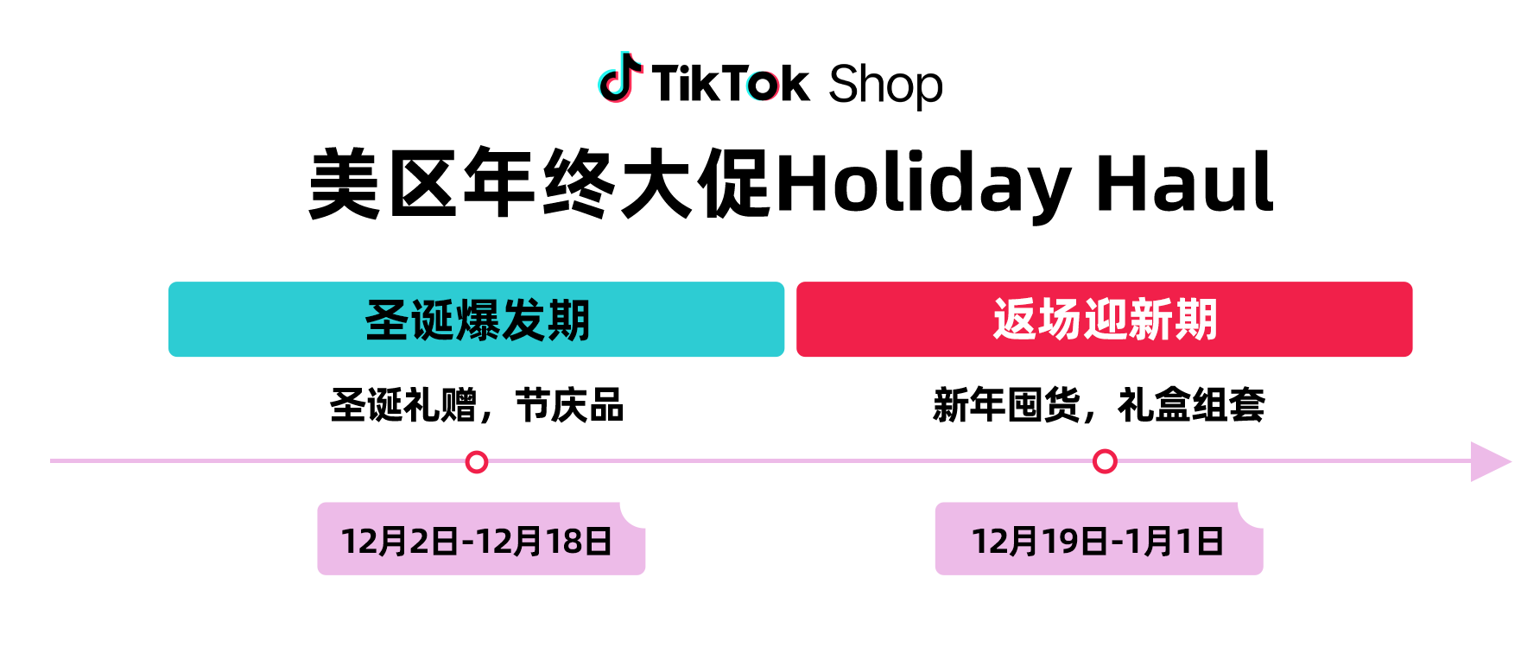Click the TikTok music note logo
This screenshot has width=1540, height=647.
622,81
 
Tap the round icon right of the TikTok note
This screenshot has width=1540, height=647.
762,85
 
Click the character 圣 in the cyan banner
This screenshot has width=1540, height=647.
387,320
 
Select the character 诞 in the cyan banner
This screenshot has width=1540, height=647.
432,320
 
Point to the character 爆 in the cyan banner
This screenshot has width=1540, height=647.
478,320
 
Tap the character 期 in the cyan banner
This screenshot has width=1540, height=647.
567,320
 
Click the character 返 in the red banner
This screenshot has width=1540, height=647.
1015,320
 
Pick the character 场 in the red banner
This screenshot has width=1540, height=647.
1060,320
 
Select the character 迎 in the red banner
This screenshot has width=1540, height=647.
1105,320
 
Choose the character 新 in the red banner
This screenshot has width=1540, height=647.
1150,320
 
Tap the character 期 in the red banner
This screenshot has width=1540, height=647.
1195,320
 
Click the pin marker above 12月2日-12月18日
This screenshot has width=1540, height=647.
477,463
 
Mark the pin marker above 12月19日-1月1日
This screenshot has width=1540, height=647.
1105,462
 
